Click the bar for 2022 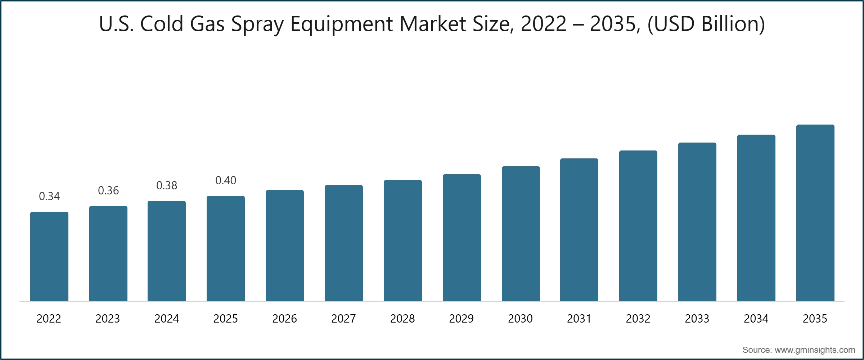49,256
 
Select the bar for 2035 815,213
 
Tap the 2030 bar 521,234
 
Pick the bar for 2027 343,243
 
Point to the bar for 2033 697,222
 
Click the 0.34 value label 49,196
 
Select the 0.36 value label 108,190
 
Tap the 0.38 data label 167,185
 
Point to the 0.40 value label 226,180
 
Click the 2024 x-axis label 167,319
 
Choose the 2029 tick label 462,319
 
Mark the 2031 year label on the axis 579,319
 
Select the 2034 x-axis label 756,319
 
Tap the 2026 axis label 284,319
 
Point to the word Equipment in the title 342,24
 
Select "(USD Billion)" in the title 706,24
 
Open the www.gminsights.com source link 815,350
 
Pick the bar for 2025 226,248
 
